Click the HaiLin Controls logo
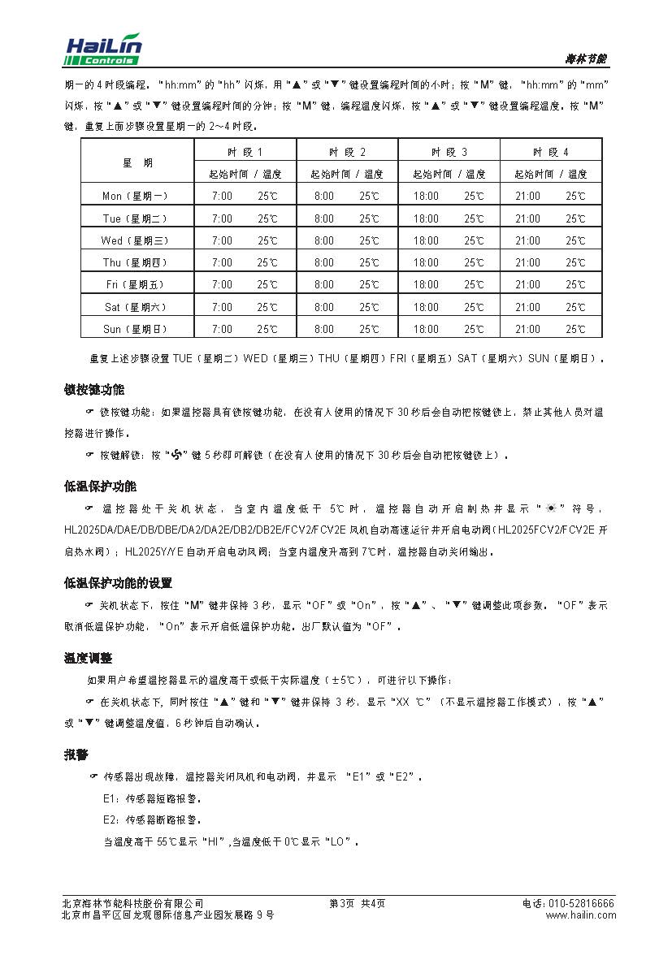point(103,50)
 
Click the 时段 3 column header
point(449,152)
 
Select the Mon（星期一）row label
point(136,197)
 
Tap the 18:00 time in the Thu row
point(426,263)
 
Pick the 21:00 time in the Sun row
point(527,330)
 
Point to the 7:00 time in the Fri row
point(222,285)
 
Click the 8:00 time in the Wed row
point(323,241)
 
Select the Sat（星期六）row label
point(136,308)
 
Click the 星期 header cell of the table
point(137,162)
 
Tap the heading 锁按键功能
point(94,390)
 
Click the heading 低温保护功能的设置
point(119,583)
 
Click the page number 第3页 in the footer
point(342,904)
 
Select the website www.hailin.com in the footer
point(580,915)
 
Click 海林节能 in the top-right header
point(586,59)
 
